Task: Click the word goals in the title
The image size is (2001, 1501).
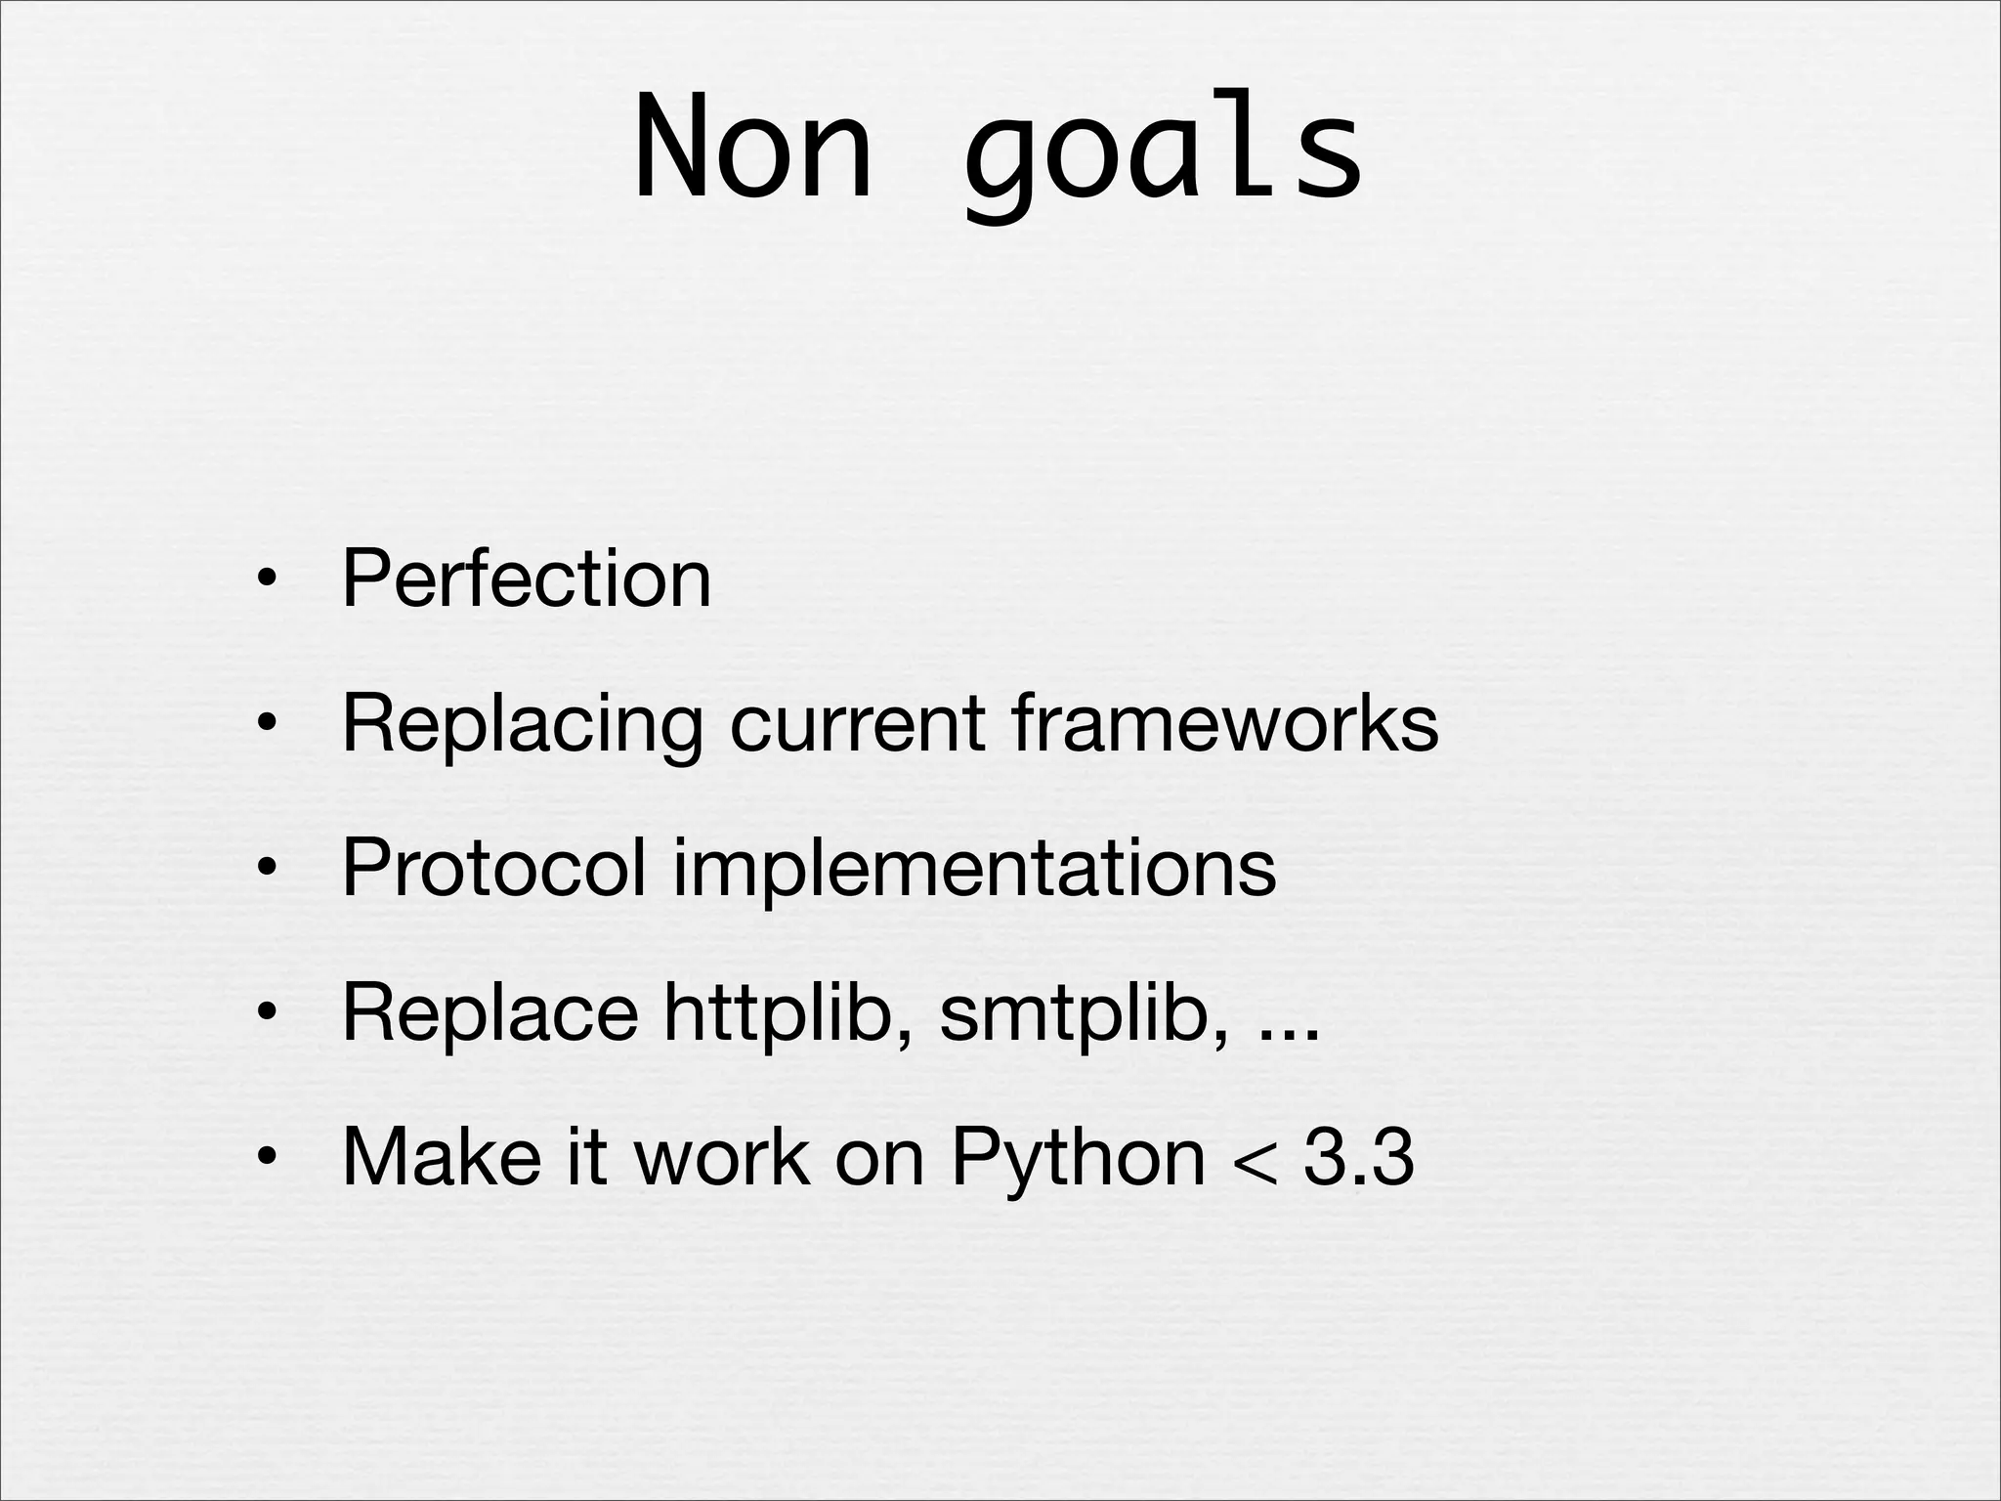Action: [x=1163, y=151]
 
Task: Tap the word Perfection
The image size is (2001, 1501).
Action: [x=526, y=579]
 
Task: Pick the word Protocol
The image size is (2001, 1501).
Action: [x=493, y=868]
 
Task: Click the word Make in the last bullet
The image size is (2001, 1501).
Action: [x=442, y=1157]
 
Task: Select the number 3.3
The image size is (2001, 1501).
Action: [x=1358, y=1157]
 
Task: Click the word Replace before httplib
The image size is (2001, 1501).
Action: [x=490, y=1012]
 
